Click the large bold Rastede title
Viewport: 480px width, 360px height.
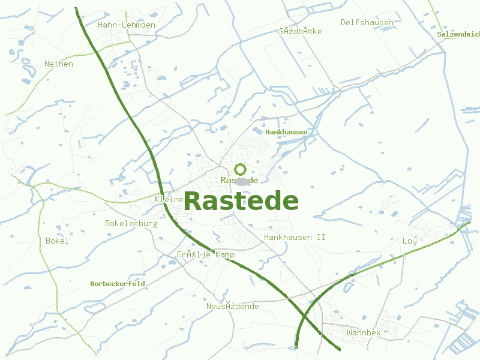coord(241,202)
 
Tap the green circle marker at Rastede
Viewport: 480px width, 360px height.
coord(241,169)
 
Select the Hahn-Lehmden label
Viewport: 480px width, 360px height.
coord(127,25)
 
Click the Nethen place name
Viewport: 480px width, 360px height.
coord(59,64)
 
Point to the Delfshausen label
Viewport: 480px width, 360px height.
coord(367,23)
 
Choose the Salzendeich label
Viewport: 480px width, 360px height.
coord(458,34)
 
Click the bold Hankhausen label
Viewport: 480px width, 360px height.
coord(286,131)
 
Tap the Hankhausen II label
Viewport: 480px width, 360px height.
coord(295,238)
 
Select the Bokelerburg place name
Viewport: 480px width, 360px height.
coord(131,224)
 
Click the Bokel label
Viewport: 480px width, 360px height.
coord(57,241)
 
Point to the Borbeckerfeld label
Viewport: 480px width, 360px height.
coord(118,284)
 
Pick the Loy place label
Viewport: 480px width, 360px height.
coord(409,241)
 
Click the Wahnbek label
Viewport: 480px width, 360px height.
coord(364,332)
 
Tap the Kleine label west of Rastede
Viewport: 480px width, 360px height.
coord(169,199)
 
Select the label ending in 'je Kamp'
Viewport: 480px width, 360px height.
coord(205,255)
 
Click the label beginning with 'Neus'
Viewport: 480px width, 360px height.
coord(233,307)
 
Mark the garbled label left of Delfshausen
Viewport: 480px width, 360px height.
coord(300,31)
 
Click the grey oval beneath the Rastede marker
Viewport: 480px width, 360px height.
coord(242,181)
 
